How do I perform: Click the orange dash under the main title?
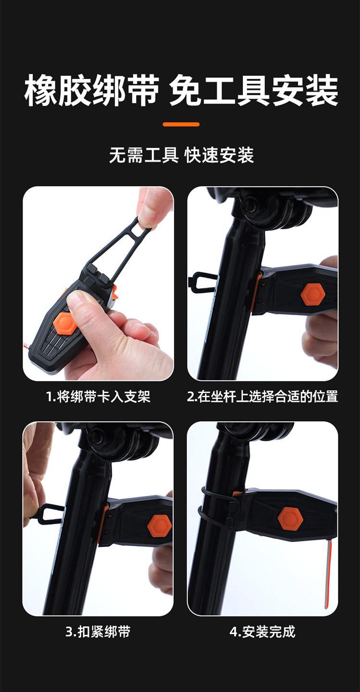pyautogui.click(x=181, y=124)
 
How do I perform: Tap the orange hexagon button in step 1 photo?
pyautogui.click(x=63, y=323)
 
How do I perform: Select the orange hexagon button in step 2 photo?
pyautogui.click(x=312, y=295)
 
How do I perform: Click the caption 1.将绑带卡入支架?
pyautogui.click(x=98, y=397)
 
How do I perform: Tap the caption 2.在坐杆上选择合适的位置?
pyautogui.click(x=263, y=397)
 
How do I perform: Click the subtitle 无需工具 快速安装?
pyautogui.click(x=181, y=155)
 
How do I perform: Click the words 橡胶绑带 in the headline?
pyautogui.click(x=92, y=90)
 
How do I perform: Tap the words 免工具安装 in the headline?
pyautogui.click(x=253, y=90)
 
